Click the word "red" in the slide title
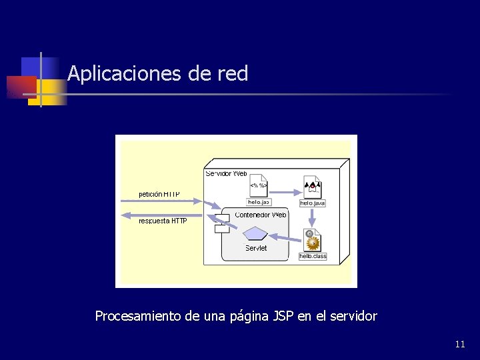click(233, 73)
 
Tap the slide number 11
click(460, 344)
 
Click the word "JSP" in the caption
click(283, 316)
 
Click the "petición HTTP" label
click(159, 194)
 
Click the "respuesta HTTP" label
click(163, 221)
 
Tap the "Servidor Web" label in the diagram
click(226, 173)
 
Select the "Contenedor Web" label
click(261, 215)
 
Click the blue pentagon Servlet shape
click(255, 233)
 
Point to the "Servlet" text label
click(256, 248)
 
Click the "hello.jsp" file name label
click(259, 201)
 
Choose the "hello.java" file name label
click(312, 203)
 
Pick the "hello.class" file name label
click(313, 256)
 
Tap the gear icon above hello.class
click(313, 241)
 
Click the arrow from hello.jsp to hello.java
click(287, 189)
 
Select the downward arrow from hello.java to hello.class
click(313, 217)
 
